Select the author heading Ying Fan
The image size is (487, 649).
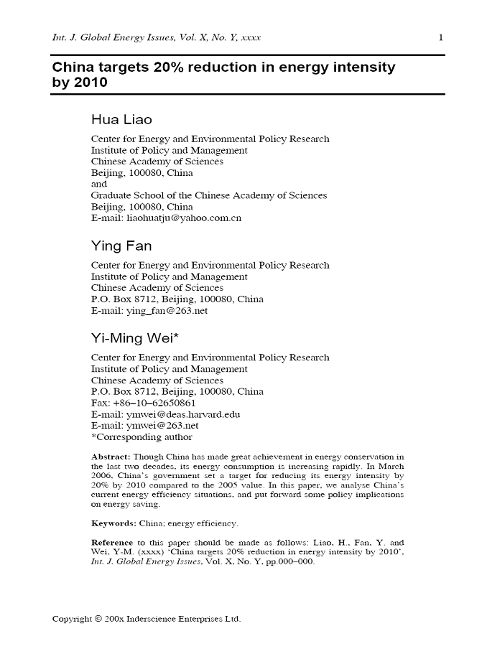coord(121,246)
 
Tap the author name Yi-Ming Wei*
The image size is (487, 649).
coord(129,339)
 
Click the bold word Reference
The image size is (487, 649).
coord(114,542)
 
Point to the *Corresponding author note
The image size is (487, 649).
coord(142,437)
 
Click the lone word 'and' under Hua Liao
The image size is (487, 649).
coord(98,185)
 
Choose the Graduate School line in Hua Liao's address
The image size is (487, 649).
coord(208,195)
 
